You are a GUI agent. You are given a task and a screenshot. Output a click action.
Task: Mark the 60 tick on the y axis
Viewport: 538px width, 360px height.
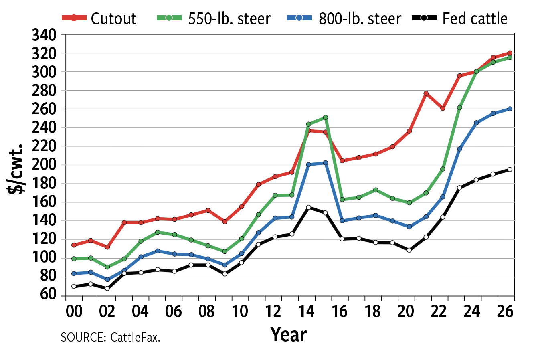pyautogui.click(x=48, y=295)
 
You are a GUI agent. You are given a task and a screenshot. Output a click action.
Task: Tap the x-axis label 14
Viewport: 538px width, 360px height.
pyautogui.click(x=307, y=311)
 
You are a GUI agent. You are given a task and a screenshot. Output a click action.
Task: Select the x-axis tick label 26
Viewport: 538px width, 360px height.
pyautogui.click(x=505, y=311)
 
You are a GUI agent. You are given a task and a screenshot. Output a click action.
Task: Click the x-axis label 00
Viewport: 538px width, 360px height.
pyautogui.click(x=74, y=311)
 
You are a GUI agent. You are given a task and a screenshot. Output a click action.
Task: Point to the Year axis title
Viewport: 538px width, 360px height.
pyautogui.click(x=289, y=334)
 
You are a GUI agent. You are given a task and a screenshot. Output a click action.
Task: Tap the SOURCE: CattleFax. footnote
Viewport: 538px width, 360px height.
pyautogui.click(x=110, y=337)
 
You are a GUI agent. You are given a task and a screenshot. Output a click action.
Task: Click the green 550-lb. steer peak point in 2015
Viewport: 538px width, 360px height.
pyautogui.click(x=325, y=117)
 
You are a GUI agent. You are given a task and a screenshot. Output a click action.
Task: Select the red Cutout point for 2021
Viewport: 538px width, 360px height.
pyautogui.click(x=426, y=93)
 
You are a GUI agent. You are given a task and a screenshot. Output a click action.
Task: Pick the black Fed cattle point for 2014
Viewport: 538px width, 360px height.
pyautogui.click(x=308, y=207)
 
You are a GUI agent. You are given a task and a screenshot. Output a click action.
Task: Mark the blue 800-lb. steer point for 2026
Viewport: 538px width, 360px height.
pyautogui.click(x=510, y=109)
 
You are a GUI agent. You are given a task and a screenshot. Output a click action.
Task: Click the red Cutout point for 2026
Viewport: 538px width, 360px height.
pyautogui.click(x=510, y=53)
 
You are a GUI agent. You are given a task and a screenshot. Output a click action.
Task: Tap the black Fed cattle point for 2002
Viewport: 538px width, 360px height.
pyautogui.click(x=107, y=288)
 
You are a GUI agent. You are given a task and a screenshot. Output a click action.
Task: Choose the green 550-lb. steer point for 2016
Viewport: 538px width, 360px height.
pyautogui.click(x=342, y=199)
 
